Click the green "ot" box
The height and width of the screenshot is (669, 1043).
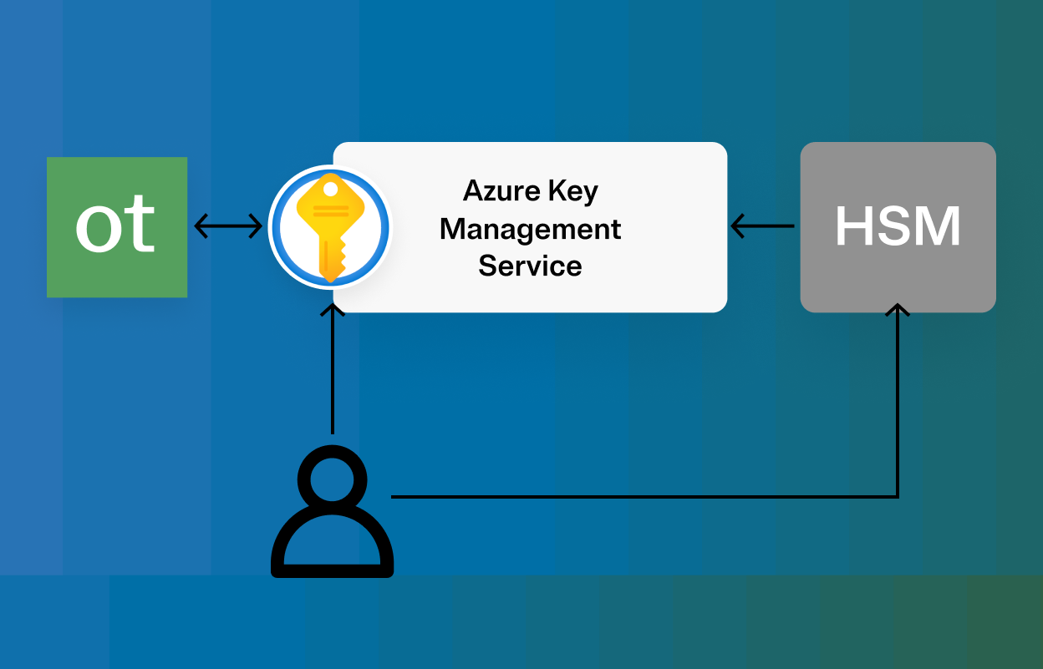click(117, 226)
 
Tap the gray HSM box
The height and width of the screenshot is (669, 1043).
click(898, 227)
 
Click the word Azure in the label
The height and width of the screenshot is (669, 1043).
click(491, 191)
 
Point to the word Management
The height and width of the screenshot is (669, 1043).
click(531, 229)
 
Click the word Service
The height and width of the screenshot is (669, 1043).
click(531, 266)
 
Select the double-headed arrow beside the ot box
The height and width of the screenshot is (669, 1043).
click(228, 226)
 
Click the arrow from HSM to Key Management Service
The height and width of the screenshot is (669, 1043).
click(762, 226)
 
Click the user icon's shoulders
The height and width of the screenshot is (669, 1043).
click(333, 543)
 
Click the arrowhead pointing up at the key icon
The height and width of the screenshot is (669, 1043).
click(333, 312)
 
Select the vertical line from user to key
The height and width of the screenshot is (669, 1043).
click(333, 376)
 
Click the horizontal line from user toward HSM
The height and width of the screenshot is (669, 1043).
click(644, 497)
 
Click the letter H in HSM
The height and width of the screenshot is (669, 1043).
click(854, 226)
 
